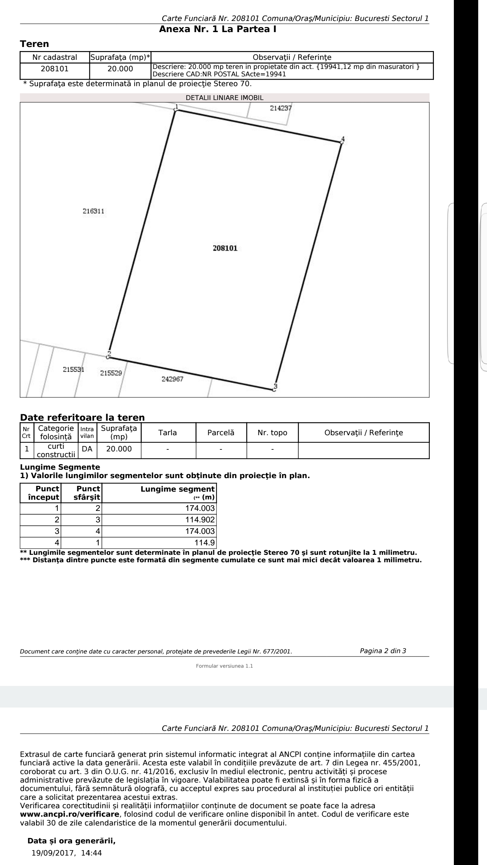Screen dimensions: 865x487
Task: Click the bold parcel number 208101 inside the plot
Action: [x=225, y=248]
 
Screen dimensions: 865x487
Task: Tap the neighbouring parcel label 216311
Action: [x=93, y=212]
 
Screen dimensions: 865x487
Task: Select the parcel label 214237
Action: [x=281, y=108]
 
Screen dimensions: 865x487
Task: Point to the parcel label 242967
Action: [x=172, y=379]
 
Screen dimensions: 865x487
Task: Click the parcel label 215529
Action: [x=111, y=373]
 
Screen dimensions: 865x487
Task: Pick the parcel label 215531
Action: [x=73, y=369]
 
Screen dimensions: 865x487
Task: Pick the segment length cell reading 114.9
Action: [x=206, y=543]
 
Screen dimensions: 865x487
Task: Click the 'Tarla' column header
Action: [x=168, y=432]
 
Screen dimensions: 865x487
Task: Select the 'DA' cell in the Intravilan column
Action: [x=87, y=449]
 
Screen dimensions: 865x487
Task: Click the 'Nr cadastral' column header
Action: [x=54, y=57]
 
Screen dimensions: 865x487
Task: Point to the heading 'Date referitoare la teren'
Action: [x=83, y=418]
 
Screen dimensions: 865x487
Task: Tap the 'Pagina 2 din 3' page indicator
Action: [x=383, y=651]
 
